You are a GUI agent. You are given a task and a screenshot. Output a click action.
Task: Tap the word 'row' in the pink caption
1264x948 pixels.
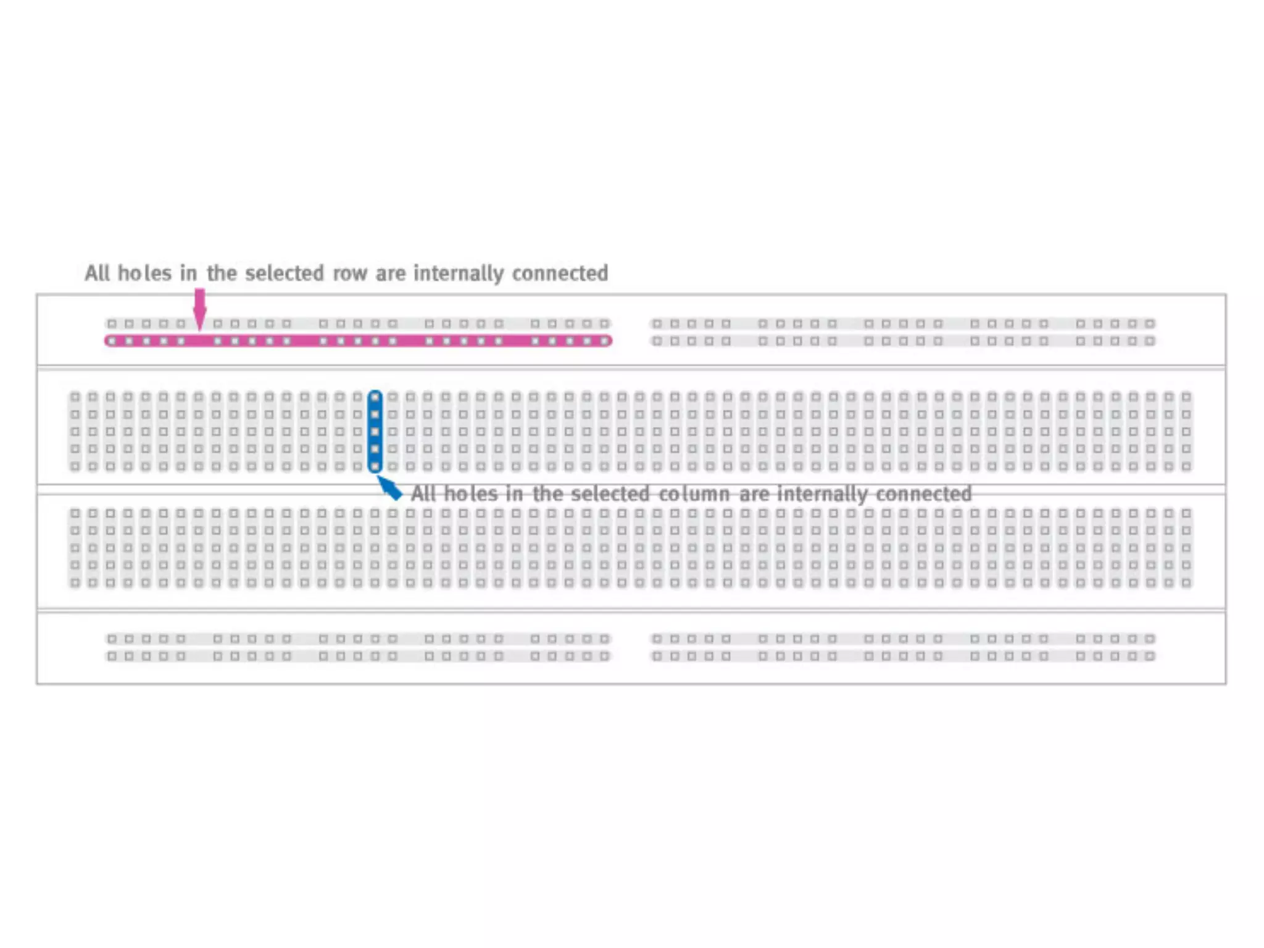(350, 273)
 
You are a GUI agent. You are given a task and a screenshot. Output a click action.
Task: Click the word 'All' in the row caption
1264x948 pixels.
(98, 273)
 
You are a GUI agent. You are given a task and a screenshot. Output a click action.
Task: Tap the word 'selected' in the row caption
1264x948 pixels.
(285, 273)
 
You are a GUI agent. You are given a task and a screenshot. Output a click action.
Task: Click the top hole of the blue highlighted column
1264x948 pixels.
(375, 397)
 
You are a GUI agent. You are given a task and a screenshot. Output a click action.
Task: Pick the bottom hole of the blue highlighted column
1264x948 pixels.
(375, 467)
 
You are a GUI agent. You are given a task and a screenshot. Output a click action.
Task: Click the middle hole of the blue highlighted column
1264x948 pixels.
(375, 432)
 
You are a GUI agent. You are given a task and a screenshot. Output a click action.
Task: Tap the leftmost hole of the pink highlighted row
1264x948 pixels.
(112, 341)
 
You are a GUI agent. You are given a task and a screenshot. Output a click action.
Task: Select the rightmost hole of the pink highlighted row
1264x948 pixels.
(604, 341)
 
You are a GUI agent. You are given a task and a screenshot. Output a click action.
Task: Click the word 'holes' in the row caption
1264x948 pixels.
(144, 273)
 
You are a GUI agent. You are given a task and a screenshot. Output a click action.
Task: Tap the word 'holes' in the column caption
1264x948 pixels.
(470, 494)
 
